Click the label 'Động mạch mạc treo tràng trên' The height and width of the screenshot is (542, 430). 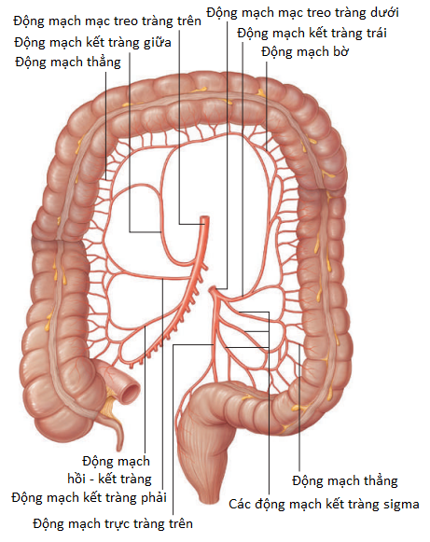coord(107,21)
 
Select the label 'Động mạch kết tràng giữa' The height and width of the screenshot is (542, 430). coord(92,42)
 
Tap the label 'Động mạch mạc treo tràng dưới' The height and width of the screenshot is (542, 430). coord(302,13)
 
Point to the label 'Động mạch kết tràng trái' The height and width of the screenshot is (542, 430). coord(312,34)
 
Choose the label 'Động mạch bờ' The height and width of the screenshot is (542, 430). coord(305,52)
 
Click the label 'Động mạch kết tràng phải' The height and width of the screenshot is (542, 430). coord(89,498)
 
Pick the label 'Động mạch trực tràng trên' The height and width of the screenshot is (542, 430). coord(113,523)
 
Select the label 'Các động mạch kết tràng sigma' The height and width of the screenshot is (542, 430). coord(324,504)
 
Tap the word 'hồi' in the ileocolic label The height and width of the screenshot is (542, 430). coord(76,479)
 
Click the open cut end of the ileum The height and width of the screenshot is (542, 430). coord(131,393)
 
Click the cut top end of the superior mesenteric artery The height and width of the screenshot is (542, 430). coord(205,218)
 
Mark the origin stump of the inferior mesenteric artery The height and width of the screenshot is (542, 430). coord(212,290)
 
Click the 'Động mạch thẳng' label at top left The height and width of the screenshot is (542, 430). coord(68,63)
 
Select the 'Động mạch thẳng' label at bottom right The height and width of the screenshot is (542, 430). coord(344,480)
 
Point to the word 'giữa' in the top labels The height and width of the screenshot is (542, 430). coord(158,42)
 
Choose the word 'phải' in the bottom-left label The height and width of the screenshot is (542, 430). coord(153,498)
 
